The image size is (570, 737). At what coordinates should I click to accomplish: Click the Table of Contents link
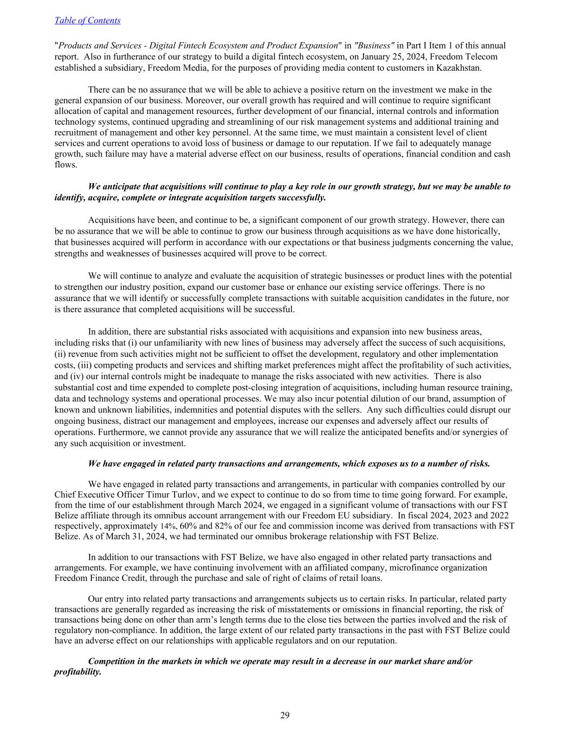pos(88,21)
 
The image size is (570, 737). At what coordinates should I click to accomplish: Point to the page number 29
pos(285,715)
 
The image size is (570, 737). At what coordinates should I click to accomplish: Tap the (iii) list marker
pos(62,366)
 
